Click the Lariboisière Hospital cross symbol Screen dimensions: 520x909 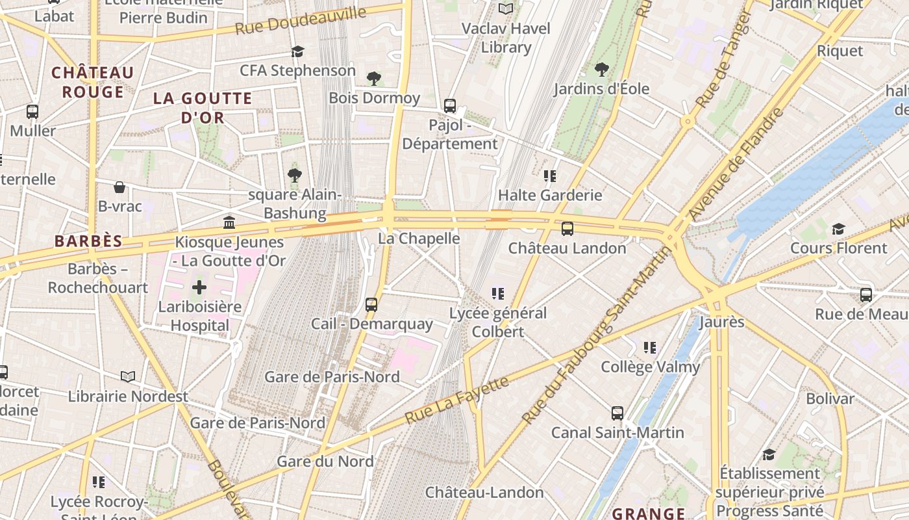tap(199, 287)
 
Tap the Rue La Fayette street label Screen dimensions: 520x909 tap(456, 400)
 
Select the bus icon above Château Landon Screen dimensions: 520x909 tap(567, 229)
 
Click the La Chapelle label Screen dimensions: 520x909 tap(419, 239)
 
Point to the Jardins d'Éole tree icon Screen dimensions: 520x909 tap(602, 69)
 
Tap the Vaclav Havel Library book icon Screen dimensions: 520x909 tap(506, 9)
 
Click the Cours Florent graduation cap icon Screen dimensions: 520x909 tap(838, 229)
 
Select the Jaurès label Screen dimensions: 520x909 tap(721, 322)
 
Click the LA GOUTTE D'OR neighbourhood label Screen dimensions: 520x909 tap(203, 108)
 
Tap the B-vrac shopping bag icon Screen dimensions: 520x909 tap(119, 187)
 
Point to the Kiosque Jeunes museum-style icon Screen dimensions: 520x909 tap(229, 223)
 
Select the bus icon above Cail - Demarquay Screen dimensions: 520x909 tap(371, 304)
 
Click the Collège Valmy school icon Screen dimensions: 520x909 tap(650, 348)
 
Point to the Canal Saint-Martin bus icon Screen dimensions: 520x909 tap(617, 413)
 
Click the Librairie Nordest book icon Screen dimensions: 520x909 tap(129, 376)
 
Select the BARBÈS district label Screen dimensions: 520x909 tap(88, 241)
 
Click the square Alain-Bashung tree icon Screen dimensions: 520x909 tap(294, 175)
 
